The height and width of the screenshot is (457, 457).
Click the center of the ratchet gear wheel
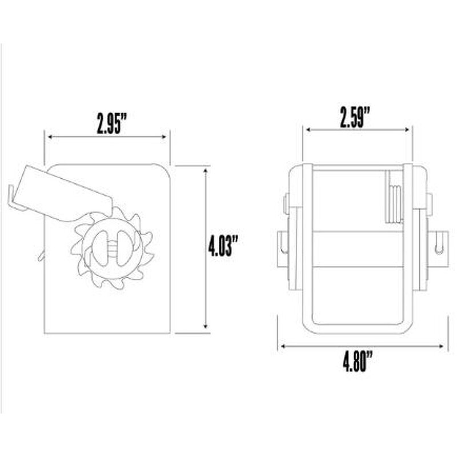click(x=111, y=247)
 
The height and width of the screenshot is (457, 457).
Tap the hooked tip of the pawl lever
click(x=13, y=194)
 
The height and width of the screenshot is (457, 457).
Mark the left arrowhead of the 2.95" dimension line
click(x=49, y=137)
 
